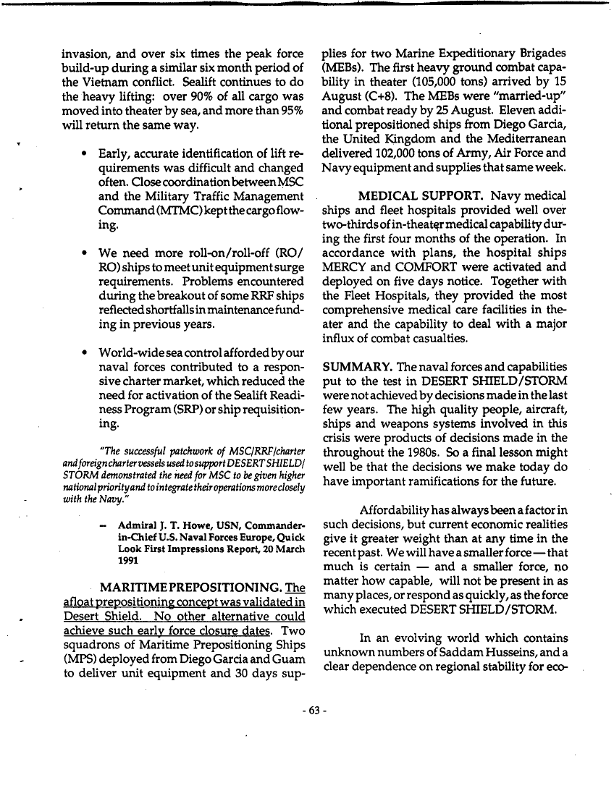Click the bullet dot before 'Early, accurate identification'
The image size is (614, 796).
tap(86, 154)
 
